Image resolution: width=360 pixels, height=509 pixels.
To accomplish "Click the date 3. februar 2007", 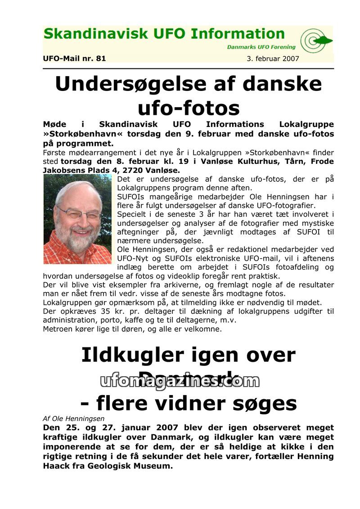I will pyautogui.click(x=273, y=59).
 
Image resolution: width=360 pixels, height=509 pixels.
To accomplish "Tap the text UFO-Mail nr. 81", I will pyautogui.click(x=74, y=58).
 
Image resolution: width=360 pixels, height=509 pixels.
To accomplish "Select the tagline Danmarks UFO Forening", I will pyautogui.click(x=261, y=47).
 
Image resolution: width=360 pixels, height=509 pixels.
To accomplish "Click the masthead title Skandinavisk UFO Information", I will pyautogui.click(x=164, y=34).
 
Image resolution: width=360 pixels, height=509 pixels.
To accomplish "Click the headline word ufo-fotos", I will pyautogui.click(x=189, y=108).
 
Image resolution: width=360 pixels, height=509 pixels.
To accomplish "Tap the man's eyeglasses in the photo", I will pyautogui.click(x=78, y=212).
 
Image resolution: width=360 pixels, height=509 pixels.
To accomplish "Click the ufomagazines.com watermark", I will pyautogui.click(x=180, y=381).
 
